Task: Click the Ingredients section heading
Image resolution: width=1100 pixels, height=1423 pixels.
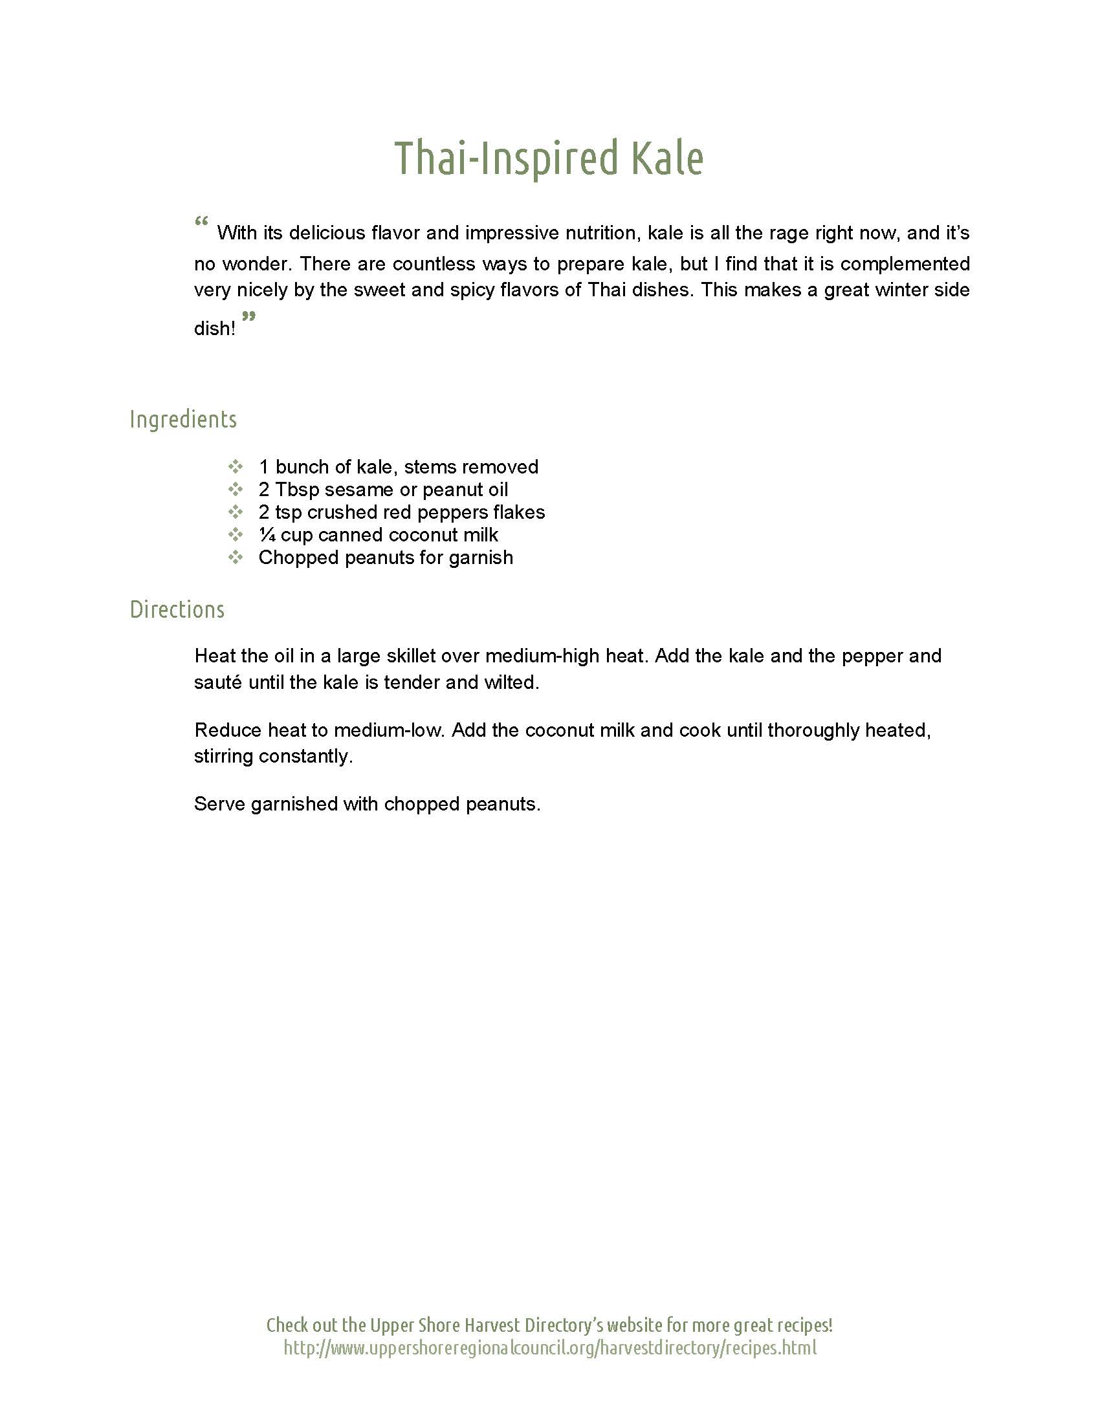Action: (x=183, y=419)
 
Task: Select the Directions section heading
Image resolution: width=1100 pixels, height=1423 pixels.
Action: (x=177, y=609)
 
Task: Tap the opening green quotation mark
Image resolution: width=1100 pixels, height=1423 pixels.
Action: (x=201, y=221)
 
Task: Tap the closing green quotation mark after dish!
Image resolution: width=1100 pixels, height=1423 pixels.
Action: (x=248, y=317)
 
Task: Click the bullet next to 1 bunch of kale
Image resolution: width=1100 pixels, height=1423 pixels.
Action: (x=236, y=466)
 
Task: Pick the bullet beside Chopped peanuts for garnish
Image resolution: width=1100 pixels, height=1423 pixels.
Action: (x=236, y=557)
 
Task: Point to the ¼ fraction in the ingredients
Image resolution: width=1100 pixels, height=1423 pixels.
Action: (x=267, y=535)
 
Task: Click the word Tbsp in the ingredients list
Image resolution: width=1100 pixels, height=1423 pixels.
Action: (x=296, y=490)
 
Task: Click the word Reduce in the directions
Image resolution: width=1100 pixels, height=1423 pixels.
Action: (x=228, y=730)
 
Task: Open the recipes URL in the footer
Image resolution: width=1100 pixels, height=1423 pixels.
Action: (x=549, y=1347)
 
